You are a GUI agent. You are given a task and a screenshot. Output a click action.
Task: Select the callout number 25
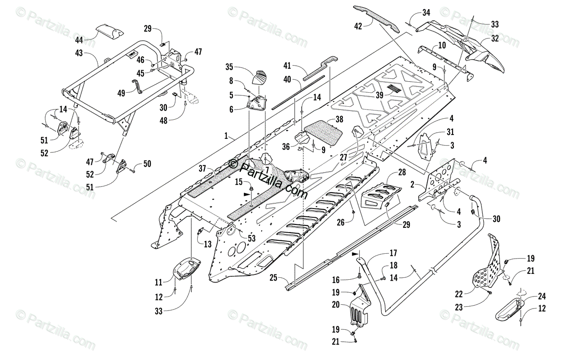pos(273,277)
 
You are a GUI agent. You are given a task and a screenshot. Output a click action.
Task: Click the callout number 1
pos(226,136)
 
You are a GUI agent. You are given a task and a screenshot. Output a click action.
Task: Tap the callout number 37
pos(201,168)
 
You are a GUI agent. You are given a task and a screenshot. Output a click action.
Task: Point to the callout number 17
pos(392,253)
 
